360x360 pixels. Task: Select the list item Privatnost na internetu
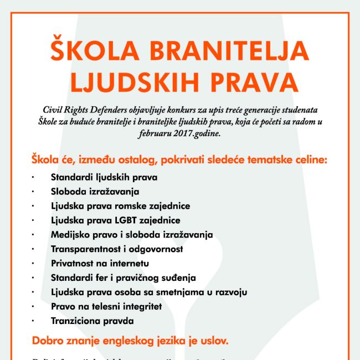tap(100, 263)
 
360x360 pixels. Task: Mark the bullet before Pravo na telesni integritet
tap(33, 306)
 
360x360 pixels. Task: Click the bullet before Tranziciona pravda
tap(33, 321)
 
